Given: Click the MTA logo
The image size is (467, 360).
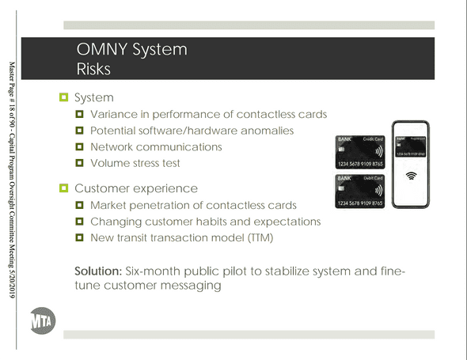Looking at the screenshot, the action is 43,320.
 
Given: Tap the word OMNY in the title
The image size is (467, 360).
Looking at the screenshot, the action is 102,49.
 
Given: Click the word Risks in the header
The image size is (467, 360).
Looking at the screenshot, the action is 93,69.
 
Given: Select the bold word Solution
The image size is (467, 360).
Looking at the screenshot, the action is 98,271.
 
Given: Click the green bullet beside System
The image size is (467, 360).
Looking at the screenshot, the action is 64,97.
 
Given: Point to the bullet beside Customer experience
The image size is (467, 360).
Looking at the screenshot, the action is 64,188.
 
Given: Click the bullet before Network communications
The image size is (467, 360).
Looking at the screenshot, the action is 79,147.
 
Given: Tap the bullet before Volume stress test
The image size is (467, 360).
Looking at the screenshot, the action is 79,163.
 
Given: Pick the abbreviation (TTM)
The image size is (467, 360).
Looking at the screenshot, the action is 260,238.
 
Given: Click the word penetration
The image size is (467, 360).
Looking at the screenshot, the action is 160,206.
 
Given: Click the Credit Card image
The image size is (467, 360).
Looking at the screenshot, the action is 360,152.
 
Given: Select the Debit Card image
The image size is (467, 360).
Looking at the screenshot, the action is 360,191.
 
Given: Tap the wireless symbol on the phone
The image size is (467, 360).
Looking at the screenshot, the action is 411,176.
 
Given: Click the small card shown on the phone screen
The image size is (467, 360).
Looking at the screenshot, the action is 411,146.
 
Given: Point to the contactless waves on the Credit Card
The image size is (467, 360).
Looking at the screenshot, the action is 378,152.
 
